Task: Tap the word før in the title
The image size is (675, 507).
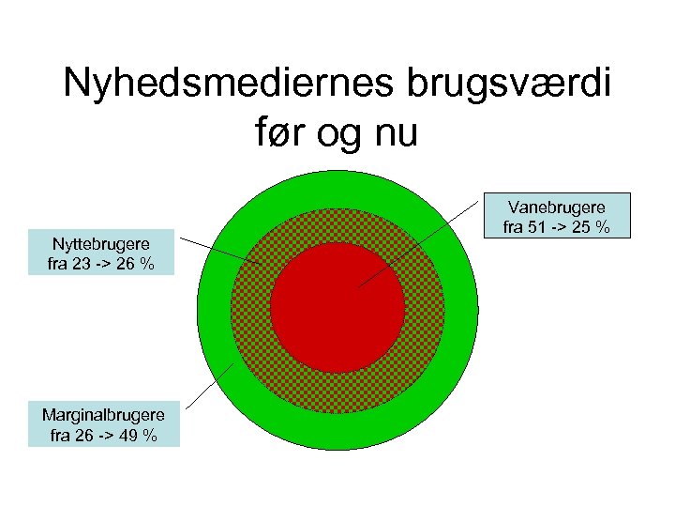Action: pos(279,134)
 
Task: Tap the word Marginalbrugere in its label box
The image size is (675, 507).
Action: pos(103,415)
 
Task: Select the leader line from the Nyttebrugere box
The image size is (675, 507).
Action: pos(220,251)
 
